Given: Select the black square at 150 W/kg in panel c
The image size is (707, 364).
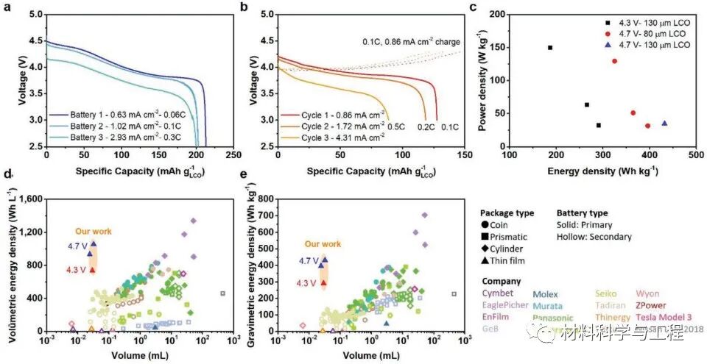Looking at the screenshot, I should [550, 48].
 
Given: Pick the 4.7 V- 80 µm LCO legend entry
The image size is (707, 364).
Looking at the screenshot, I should [647, 34].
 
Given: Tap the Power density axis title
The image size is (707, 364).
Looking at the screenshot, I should [484, 81].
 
